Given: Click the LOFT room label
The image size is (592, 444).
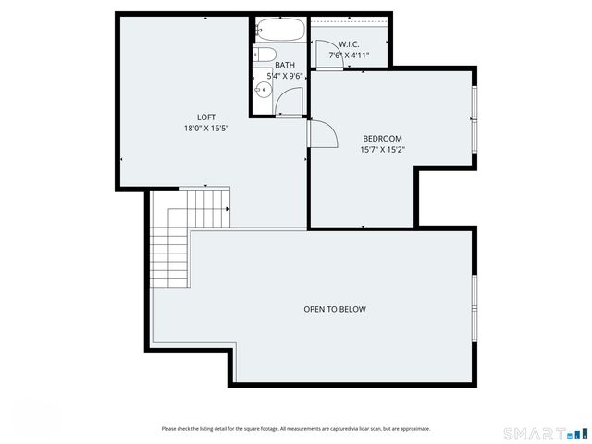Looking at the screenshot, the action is click(x=206, y=117).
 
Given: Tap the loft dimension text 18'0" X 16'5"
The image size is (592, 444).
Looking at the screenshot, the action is click(x=206, y=129).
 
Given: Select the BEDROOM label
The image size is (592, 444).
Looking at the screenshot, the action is click(x=382, y=139).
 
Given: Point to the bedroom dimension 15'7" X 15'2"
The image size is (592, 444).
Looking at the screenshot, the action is click(x=382, y=150).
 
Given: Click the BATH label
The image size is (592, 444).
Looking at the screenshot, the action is click(x=285, y=66).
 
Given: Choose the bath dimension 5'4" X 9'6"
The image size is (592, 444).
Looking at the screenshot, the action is click(x=285, y=76).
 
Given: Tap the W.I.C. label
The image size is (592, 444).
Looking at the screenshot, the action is click(x=349, y=44).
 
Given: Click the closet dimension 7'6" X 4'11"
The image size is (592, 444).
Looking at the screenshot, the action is click(x=349, y=55).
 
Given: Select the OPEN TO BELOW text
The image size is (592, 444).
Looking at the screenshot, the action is click(x=335, y=309).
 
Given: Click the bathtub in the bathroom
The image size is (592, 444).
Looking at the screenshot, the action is click(x=280, y=29).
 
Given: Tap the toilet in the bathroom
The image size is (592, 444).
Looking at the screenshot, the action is click(x=265, y=55).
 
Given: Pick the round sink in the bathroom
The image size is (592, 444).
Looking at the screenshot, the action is click(x=263, y=90).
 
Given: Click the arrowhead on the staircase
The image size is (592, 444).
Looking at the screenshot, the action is click(x=228, y=209).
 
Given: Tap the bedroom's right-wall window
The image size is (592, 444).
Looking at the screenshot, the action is click(x=475, y=119).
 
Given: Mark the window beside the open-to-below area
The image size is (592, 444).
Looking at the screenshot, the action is click(x=475, y=309).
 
